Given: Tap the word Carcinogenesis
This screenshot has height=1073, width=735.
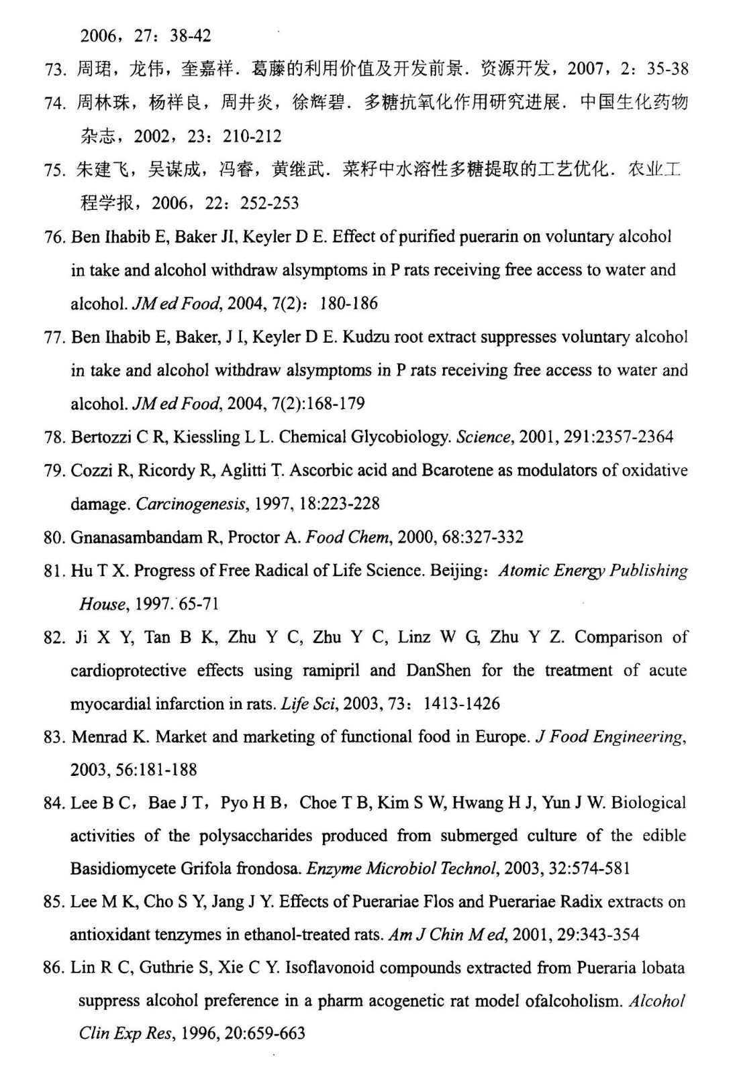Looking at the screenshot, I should (x=191, y=504).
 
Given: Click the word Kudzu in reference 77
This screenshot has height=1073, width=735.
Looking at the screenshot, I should (x=366, y=337).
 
